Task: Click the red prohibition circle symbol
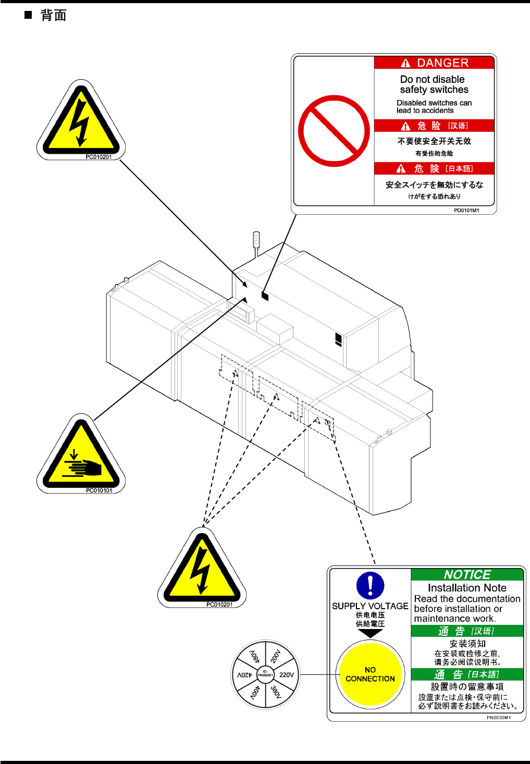point(334,131)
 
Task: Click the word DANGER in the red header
point(442,63)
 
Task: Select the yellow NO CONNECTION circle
point(370,674)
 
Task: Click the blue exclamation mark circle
point(370,585)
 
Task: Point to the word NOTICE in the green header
point(467,574)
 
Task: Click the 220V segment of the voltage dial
point(286,674)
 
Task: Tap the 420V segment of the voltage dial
point(245,674)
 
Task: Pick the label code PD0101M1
point(466,211)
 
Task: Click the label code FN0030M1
point(498,718)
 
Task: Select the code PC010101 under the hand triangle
point(99,490)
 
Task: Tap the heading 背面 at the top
point(54,15)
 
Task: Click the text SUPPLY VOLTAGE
point(370,606)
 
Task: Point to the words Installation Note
point(467,588)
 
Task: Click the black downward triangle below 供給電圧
point(370,633)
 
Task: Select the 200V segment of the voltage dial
point(276,656)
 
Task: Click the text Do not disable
point(432,79)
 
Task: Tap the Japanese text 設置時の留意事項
point(467,687)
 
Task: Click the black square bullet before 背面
point(28,15)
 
